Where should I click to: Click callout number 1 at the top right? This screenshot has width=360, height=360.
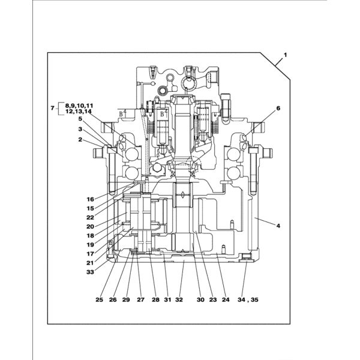coord(285,55)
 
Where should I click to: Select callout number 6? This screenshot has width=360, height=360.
coord(278,108)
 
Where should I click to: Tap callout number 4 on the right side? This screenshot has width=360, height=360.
coord(278,226)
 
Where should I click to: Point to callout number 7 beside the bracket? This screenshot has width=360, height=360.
coord(53,107)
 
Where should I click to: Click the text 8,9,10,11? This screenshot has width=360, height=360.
coord(79,106)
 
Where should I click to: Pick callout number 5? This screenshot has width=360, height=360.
coord(80,119)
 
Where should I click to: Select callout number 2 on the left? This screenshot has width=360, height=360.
coord(80,139)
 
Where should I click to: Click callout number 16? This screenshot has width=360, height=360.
coord(91,199)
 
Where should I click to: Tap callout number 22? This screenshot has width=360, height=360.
coord(91,217)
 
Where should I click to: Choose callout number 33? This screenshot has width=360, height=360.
coord(91,272)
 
